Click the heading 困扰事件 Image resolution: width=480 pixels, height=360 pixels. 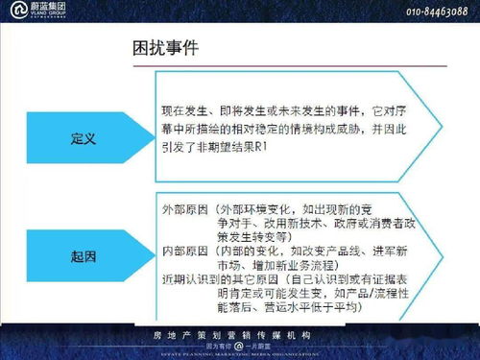[x=165, y=47]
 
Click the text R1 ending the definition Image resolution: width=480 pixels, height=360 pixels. [x=260, y=147]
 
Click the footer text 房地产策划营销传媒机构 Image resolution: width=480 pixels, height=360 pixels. [x=239, y=335]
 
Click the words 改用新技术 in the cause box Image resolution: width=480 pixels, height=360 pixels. [x=252, y=223]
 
